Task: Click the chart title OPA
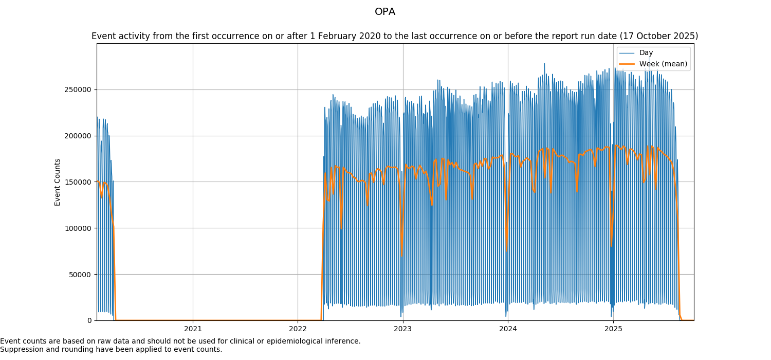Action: [x=385, y=12]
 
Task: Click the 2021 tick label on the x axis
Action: [x=193, y=329]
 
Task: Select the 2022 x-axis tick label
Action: [x=298, y=329]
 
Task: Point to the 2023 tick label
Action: [x=402, y=329]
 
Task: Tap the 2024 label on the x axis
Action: [x=508, y=329]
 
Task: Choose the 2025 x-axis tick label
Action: [x=613, y=329]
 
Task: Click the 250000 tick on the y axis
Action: [x=77, y=89]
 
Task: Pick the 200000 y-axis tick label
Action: [x=77, y=136]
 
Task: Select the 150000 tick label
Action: [x=77, y=182]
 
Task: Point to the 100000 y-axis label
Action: [x=77, y=228]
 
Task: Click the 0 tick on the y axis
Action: [x=89, y=320]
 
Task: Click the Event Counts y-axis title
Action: [x=58, y=182]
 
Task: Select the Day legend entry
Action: [x=646, y=52]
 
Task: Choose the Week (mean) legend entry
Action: [x=663, y=64]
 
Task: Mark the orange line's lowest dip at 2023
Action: [x=401, y=256]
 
